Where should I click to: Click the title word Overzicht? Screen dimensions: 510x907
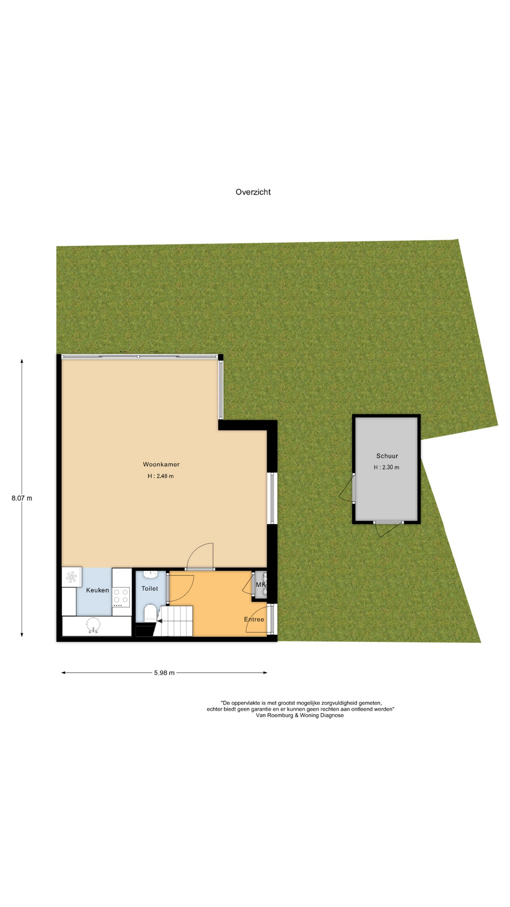coord(253,192)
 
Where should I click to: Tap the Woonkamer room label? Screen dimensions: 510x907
coord(161,464)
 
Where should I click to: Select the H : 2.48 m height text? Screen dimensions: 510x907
coord(161,476)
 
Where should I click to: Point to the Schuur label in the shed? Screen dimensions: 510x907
coord(387,456)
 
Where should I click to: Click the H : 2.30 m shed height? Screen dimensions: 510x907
coord(386,467)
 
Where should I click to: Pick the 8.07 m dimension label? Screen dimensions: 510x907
coord(22,498)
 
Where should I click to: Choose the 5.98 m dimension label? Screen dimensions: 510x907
coord(164,673)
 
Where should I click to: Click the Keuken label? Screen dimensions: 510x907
coord(97,590)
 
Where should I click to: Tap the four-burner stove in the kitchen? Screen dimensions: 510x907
coord(121,597)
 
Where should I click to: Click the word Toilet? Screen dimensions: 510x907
coord(150,588)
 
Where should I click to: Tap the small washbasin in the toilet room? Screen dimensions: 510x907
coord(150,574)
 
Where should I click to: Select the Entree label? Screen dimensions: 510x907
coord(254,619)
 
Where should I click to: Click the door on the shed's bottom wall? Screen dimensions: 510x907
coord(389,529)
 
